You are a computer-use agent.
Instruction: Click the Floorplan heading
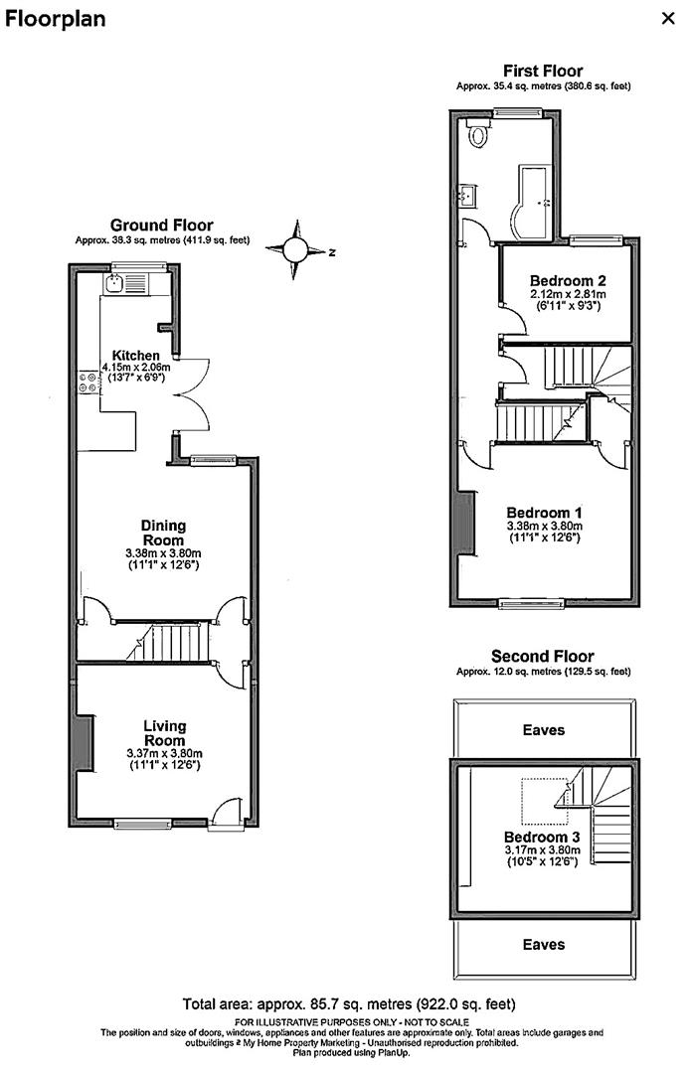click(56, 19)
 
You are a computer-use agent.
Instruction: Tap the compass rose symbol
click(296, 250)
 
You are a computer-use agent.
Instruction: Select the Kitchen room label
click(136, 356)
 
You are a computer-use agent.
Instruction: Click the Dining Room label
click(163, 533)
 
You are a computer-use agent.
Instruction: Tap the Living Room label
click(163, 733)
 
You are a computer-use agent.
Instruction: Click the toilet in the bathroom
click(480, 135)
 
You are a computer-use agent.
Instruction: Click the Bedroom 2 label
click(568, 279)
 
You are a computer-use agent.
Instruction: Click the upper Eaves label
click(543, 729)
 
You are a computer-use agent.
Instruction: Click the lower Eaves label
click(543, 944)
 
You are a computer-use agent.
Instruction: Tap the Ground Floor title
click(161, 226)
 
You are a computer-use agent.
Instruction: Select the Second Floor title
click(543, 656)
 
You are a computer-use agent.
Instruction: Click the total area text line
click(348, 1004)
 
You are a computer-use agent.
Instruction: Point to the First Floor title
click(543, 71)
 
